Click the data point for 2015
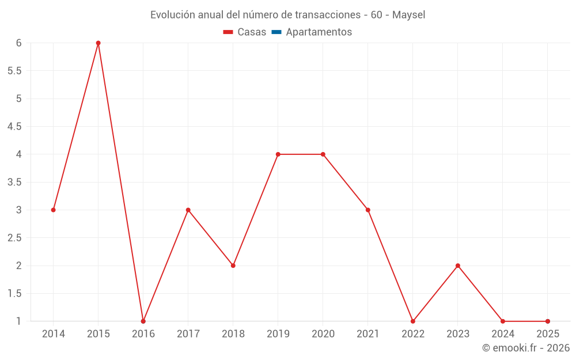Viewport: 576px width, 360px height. click(x=98, y=43)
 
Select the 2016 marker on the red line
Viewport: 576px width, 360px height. click(x=143, y=321)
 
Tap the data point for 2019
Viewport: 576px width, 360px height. click(x=278, y=154)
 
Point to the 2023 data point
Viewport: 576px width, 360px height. click(x=458, y=266)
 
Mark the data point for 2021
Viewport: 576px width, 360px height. click(x=367, y=210)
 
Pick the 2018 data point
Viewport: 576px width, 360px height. click(x=233, y=266)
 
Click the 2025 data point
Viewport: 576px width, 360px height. click(x=548, y=321)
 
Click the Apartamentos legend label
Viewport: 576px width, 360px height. click(x=319, y=32)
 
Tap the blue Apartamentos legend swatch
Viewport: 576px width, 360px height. click(x=276, y=32)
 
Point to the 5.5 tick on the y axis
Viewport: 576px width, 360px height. click(x=14, y=71)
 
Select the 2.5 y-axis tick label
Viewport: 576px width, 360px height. click(x=14, y=238)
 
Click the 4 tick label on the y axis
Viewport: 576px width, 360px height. click(x=18, y=154)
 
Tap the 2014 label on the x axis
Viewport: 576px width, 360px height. click(x=53, y=334)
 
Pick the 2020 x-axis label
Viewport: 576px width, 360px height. click(x=323, y=334)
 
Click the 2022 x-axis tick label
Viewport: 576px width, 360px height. click(x=413, y=334)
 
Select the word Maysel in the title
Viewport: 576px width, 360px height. click(x=408, y=15)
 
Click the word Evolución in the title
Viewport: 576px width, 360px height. click(x=172, y=15)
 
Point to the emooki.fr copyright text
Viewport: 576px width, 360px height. click(x=526, y=348)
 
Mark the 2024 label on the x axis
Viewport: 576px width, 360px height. click(x=503, y=334)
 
